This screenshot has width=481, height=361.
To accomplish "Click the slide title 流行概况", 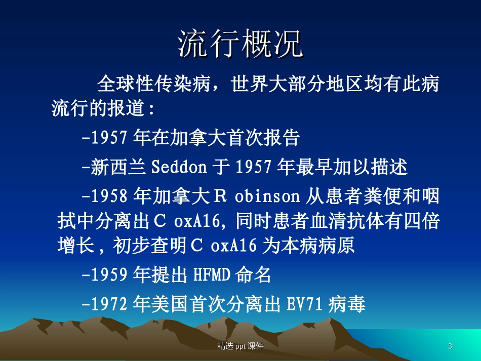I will tap(240, 45).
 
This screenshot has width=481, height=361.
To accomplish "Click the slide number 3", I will tap(450, 346).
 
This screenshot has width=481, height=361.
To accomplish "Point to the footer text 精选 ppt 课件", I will tap(240, 346).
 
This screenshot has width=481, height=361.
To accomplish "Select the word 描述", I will tap(389, 167).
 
